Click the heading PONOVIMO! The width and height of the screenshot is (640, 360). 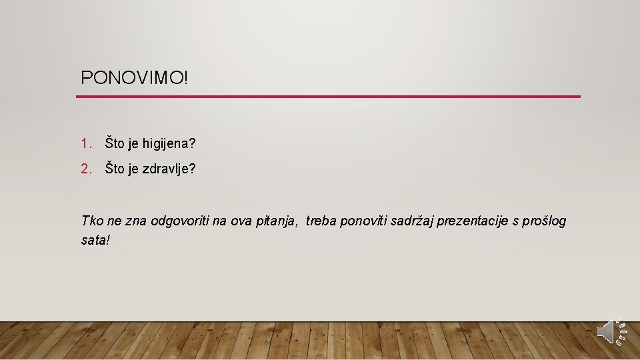click(x=135, y=77)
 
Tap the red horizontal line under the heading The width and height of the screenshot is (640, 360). click(x=328, y=97)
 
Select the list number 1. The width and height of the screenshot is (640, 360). click(x=85, y=143)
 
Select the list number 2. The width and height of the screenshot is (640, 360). click(x=85, y=169)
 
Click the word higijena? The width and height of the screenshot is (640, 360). click(x=169, y=144)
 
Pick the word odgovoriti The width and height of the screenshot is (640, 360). click(x=179, y=221)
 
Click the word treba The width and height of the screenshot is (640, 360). click(x=321, y=221)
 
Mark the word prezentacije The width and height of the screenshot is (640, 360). click(x=476, y=221)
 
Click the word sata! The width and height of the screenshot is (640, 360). click(x=94, y=240)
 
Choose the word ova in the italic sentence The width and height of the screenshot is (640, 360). click(x=241, y=221)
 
